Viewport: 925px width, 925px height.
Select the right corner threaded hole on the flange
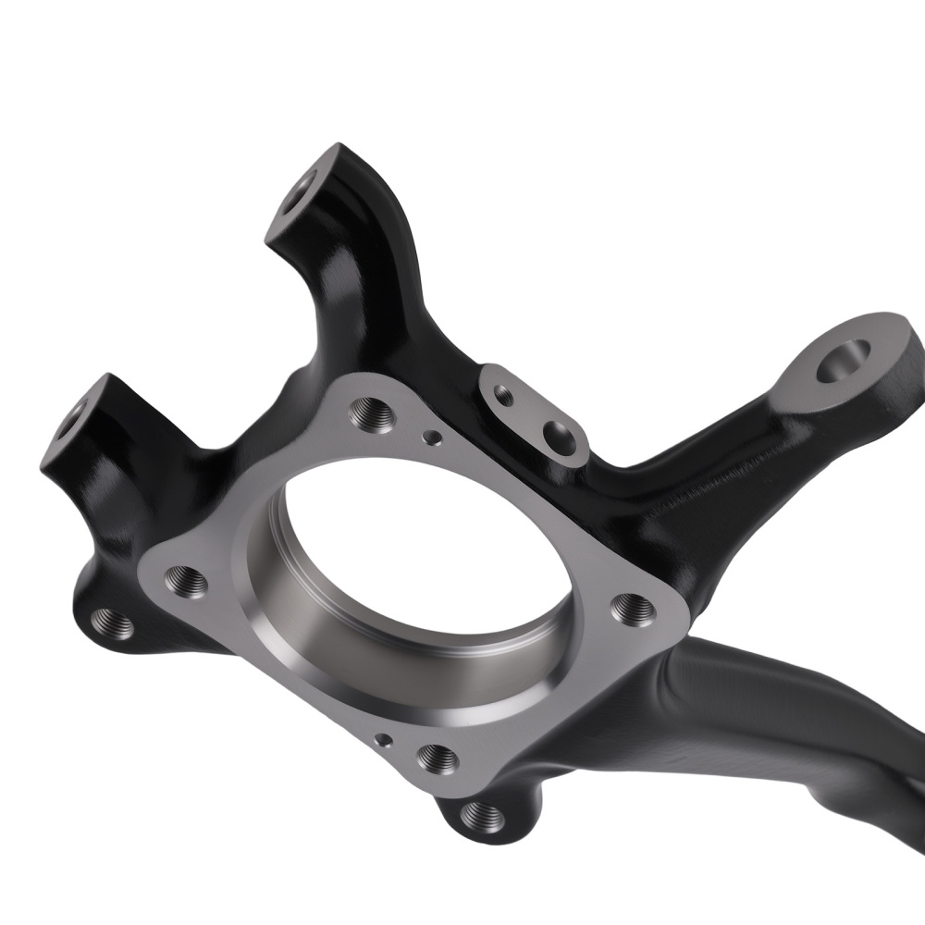[633, 608]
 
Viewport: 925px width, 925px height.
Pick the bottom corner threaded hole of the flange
[438, 759]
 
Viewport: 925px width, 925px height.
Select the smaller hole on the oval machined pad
[503, 395]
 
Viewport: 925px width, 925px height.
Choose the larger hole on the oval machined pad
[559, 432]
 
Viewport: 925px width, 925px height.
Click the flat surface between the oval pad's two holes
[529, 413]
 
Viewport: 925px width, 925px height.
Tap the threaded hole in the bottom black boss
[482, 815]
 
